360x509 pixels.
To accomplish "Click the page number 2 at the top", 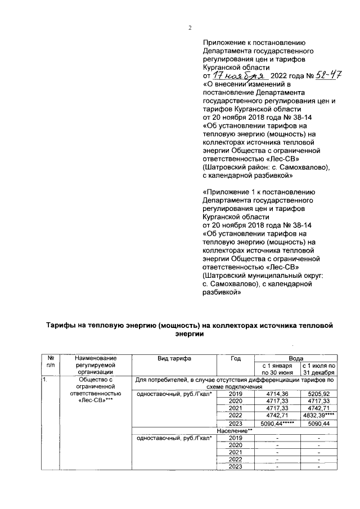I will pyautogui.click(x=190, y=29).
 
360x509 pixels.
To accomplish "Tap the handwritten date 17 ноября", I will pyautogui.click(x=233, y=75).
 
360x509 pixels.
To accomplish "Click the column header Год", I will pyautogui.click(x=236, y=358).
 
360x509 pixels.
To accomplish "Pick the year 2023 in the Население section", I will pyautogui.click(x=236, y=466).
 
